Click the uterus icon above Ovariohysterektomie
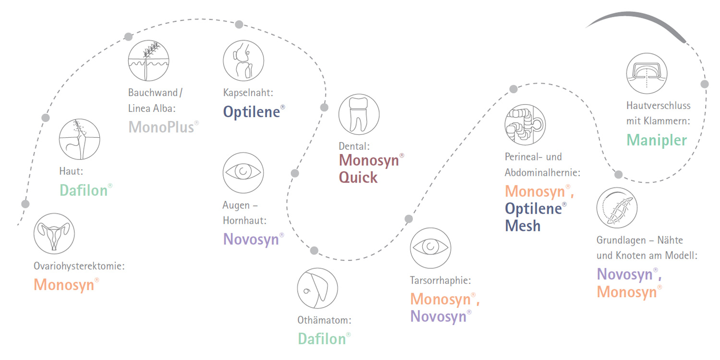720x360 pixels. pyautogui.click(x=54, y=234)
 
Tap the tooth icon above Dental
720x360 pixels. pyautogui.click(x=359, y=114)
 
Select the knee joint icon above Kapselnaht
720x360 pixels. pyautogui.click(x=243, y=60)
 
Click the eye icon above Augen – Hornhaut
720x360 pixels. pyautogui.click(x=243, y=173)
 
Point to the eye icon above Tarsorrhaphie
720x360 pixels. pyautogui.click(x=431, y=248)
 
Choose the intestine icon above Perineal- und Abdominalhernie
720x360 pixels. pyautogui.click(x=525, y=124)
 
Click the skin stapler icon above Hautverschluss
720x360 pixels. pyautogui.click(x=647, y=73)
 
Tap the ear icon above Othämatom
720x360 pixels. pyautogui.click(x=318, y=288)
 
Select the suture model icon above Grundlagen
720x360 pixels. pyautogui.click(x=617, y=208)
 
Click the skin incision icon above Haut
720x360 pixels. pyautogui.click(x=79, y=139)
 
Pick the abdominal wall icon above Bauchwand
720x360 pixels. pyautogui.click(x=148, y=60)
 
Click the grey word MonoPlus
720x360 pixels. pyautogui.click(x=161, y=127)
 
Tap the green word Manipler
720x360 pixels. pyautogui.click(x=657, y=140)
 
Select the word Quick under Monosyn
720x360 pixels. pyautogui.click(x=358, y=178)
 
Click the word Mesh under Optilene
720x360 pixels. pyautogui.click(x=523, y=226)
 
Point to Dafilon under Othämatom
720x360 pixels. pyautogui.click(x=322, y=339)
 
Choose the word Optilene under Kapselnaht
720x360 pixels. pyautogui.click(x=252, y=112)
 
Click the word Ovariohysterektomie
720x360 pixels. pyautogui.click(x=79, y=266)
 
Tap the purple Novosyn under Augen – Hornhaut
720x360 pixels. pyautogui.click(x=251, y=240)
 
